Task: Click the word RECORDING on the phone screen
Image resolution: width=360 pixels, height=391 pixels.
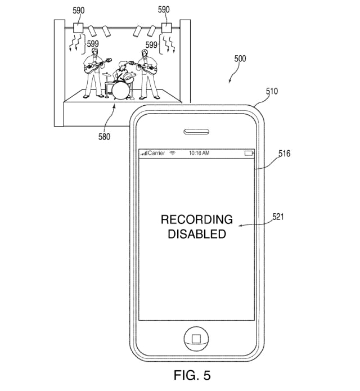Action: coord(197,219)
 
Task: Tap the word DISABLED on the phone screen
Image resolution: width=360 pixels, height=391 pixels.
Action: coord(197,234)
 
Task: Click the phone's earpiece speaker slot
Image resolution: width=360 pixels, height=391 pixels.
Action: coord(196,132)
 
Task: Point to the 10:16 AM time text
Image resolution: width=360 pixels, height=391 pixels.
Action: coord(199,153)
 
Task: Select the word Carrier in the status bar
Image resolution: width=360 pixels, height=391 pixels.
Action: coord(156,153)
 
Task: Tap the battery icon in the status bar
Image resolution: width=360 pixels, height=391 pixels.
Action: coord(249,153)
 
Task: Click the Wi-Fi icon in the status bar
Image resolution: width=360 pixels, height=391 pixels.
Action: coord(173,153)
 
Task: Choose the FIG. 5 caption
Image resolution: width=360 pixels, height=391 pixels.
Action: coord(192,375)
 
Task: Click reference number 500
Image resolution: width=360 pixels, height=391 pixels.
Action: coord(240,59)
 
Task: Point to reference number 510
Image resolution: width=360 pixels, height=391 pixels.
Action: coord(272,91)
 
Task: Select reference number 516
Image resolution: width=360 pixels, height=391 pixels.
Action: coord(285,154)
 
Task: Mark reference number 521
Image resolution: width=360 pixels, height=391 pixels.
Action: coord(278,217)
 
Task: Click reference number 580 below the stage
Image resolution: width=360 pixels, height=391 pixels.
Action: coord(104,137)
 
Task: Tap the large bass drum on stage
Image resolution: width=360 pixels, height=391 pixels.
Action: coord(121,91)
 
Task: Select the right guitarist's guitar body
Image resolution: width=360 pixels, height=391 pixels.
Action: coord(150,69)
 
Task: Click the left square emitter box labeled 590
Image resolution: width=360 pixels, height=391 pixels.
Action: coord(79,28)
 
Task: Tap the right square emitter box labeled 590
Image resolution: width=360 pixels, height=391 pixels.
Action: coord(166,28)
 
